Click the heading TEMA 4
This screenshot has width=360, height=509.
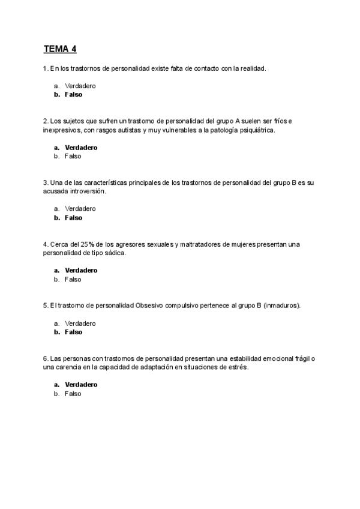tap(60, 49)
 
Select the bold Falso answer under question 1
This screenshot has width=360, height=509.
tap(73, 95)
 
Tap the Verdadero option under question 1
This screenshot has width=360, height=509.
tap(80, 86)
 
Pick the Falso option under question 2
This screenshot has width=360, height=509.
tap(73, 156)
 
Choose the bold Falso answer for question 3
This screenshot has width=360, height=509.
tap(73, 218)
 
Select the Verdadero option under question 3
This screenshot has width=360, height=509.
tap(80, 209)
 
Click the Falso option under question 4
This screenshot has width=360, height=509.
tap(73, 279)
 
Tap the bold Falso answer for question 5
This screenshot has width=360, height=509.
tap(73, 332)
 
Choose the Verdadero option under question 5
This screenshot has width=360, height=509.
tap(80, 323)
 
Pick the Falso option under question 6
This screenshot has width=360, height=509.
tap(73, 394)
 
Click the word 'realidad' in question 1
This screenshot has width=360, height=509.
tap(252, 68)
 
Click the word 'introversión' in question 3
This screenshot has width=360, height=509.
tap(86, 191)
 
